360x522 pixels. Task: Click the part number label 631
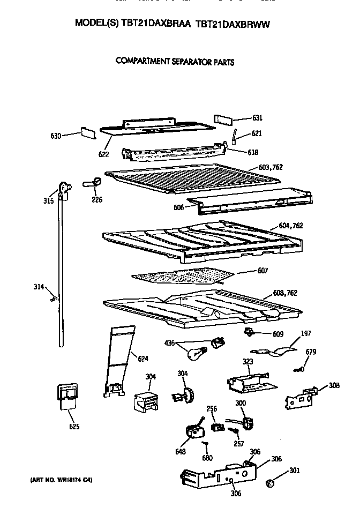(258, 118)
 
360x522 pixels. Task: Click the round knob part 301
(271, 484)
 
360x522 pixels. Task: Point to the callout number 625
(74, 427)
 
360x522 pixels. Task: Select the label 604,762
(291, 226)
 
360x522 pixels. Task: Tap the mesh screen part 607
(182, 276)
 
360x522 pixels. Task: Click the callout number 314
(39, 288)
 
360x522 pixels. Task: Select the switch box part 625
(65, 397)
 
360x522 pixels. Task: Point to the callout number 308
(334, 385)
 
